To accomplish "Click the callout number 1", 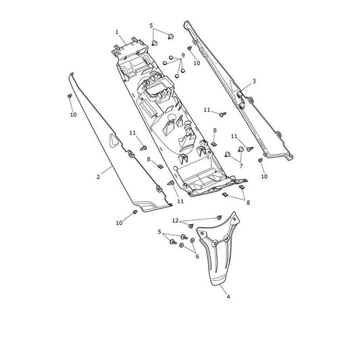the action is [117, 32].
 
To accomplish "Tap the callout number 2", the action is [99, 177].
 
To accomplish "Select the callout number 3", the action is [254, 81].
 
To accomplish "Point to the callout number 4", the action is [228, 297].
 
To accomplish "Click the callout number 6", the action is [197, 256].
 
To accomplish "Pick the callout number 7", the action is [241, 165].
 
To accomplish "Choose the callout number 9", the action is [183, 55].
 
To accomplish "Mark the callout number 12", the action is [175, 221].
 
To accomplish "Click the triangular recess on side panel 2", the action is [113, 140].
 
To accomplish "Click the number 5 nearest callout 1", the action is [151, 26].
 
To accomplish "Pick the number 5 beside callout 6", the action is [159, 232].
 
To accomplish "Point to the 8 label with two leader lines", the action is [248, 203].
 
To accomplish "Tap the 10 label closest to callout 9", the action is [197, 63].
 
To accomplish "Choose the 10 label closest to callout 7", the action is [264, 176].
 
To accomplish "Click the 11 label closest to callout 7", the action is [234, 136].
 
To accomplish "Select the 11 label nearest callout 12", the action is [180, 201].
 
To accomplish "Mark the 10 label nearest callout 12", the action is [119, 223].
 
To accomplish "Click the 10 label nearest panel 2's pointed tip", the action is [73, 115].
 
